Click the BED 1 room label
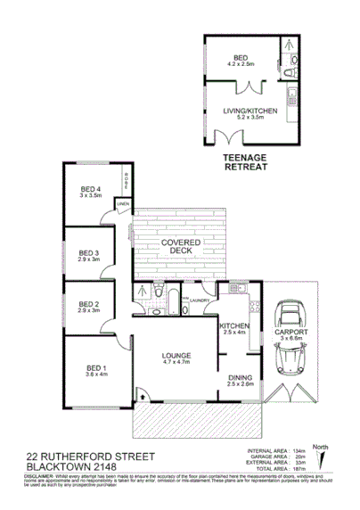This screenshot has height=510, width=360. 95,368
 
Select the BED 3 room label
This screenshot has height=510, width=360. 91,252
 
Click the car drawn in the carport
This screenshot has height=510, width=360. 291,338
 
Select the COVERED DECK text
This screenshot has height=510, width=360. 178,247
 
